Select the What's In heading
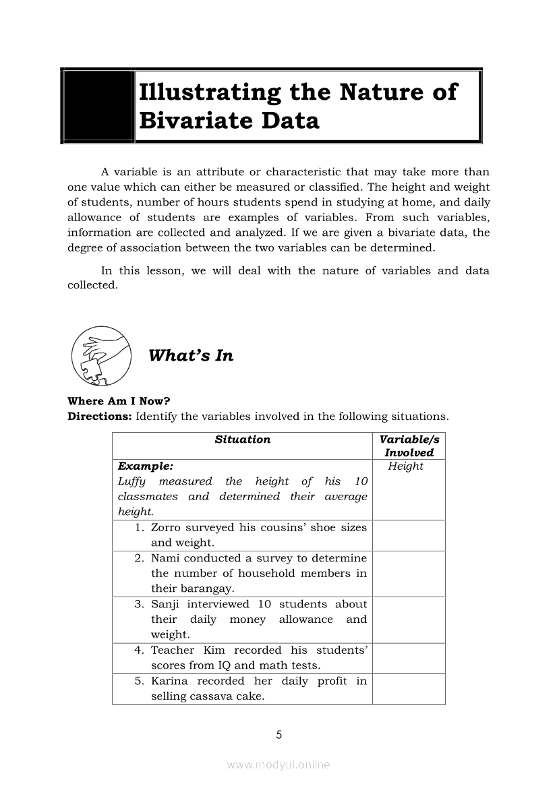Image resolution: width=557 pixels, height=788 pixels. pos(191,356)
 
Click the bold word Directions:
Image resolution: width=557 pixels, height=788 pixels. pos(100,416)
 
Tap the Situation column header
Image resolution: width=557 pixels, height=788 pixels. pos(243,440)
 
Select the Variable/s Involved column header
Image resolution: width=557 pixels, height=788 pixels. pos(409,446)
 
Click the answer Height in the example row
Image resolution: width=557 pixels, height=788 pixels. pos(405,466)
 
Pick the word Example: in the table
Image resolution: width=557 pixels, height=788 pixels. pos(145,466)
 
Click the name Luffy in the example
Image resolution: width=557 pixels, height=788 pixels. pos(131,481)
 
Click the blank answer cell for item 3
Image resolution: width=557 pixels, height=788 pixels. pos(409,619)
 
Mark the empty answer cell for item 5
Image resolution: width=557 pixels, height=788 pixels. pos(409,688)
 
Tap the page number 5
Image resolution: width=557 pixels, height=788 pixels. pos(278,735)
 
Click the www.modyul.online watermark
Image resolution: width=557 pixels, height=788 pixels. pos(278,765)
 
